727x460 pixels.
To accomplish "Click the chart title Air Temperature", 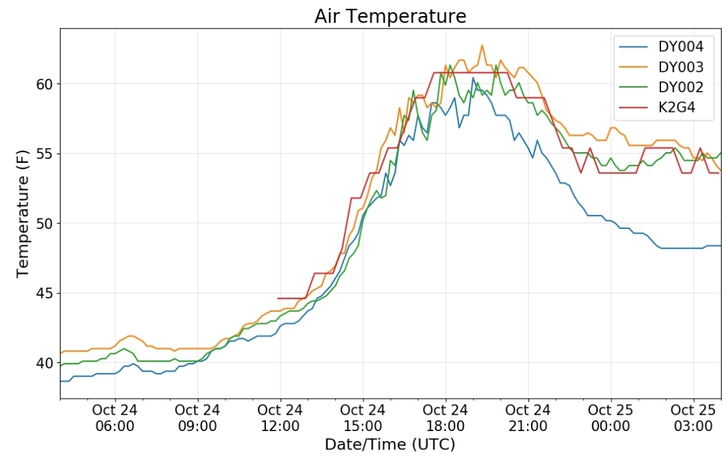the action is [390, 16].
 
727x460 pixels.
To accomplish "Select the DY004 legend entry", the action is [662, 46].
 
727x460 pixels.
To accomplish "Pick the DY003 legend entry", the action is [662, 67].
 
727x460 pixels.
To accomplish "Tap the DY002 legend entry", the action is [662, 87].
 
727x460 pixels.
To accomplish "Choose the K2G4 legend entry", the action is [658, 108].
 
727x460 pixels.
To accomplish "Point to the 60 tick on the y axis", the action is [44, 84].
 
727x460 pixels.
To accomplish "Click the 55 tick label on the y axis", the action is [44, 154].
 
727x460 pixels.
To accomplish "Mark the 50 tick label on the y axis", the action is [44, 224].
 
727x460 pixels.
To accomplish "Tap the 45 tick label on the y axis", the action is [44, 294].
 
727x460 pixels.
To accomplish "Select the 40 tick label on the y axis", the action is [44, 363].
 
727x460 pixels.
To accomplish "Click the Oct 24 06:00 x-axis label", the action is [114, 418].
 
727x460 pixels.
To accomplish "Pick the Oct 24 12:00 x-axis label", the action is [280, 418].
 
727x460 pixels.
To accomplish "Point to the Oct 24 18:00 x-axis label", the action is [446, 418].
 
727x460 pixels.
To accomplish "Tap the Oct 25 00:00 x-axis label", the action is [611, 418].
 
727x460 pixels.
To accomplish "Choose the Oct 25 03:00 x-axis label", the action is [693, 418].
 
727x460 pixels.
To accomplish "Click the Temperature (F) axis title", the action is [22, 213].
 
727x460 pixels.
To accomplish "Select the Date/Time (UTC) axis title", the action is [390, 445].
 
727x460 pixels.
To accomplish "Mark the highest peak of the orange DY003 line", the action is [482, 45].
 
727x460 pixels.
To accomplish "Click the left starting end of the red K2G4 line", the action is [278, 298].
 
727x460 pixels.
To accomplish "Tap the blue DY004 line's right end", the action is [720, 246].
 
